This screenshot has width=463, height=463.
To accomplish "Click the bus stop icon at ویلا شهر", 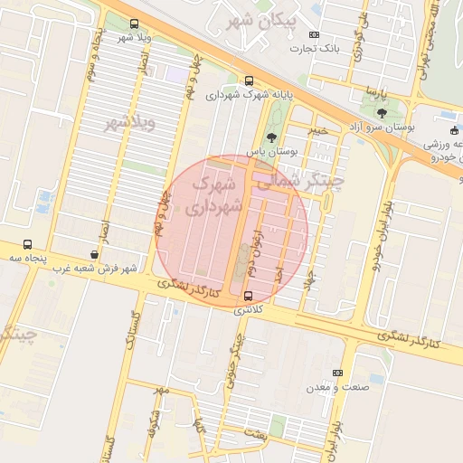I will point(135,24).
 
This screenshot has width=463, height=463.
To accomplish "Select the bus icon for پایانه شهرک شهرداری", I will point(249,80).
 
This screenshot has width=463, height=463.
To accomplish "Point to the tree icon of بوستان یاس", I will point(271,137).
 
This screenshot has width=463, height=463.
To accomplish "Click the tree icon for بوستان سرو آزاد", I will point(382,114).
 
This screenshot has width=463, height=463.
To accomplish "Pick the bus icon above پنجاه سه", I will point(27,244).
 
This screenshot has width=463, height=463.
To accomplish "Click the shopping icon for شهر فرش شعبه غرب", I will point(96,255).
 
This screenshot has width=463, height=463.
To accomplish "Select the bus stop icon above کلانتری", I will point(249,296).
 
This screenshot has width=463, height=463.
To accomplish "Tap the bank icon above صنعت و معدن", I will point(338,373).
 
